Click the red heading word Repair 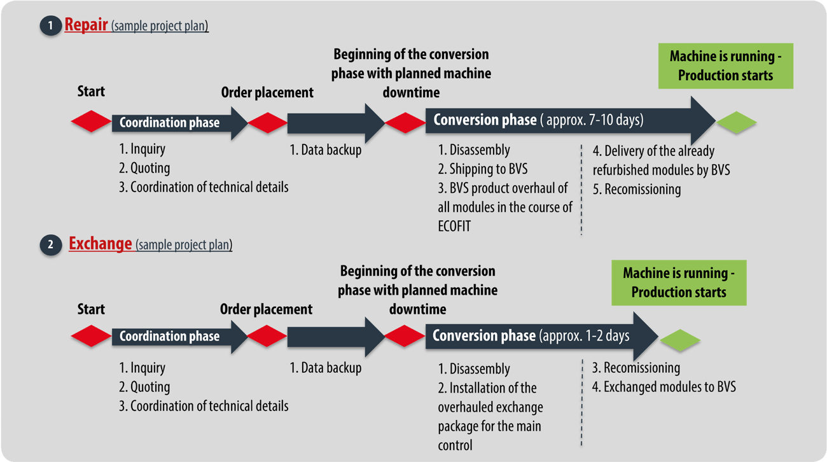(86, 25)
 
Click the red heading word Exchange (100, 244)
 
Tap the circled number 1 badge (49, 26)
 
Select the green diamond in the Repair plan (736, 122)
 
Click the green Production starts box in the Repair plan (725, 66)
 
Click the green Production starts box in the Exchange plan (679, 283)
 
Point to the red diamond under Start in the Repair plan (91, 122)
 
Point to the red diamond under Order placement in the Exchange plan (267, 337)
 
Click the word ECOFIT (454, 226)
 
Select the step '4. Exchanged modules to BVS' (664, 386)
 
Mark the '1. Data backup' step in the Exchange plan (326, 368)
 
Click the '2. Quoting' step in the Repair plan (144, 168)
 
